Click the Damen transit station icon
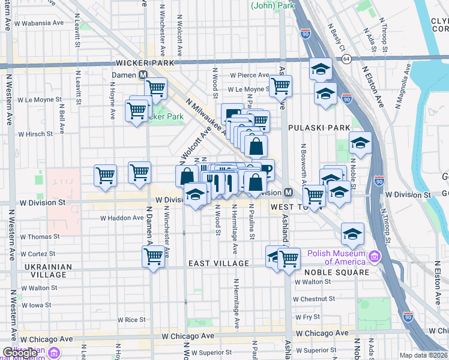coord(143,75)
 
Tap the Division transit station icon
coord(288,192)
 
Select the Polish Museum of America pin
coord(375,257)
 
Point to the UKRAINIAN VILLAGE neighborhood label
coord(44,271)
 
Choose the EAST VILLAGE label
coord(218,263)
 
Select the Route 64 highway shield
coord(347,59)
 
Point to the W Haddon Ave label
coord(121,218)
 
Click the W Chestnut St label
coord(313,299)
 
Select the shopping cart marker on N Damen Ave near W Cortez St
coord(154,256)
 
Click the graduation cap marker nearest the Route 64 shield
coord(321,68)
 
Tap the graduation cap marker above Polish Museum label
coord(352,233)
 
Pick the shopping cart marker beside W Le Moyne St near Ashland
coord(280,85)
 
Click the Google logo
coord(19,353)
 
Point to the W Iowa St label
coord(40,305)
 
